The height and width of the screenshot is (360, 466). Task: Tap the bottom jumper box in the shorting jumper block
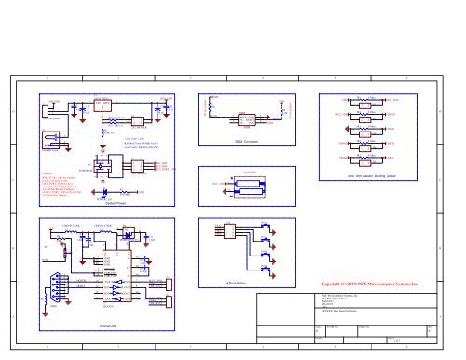pyautogui.click(x=370, y=160)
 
